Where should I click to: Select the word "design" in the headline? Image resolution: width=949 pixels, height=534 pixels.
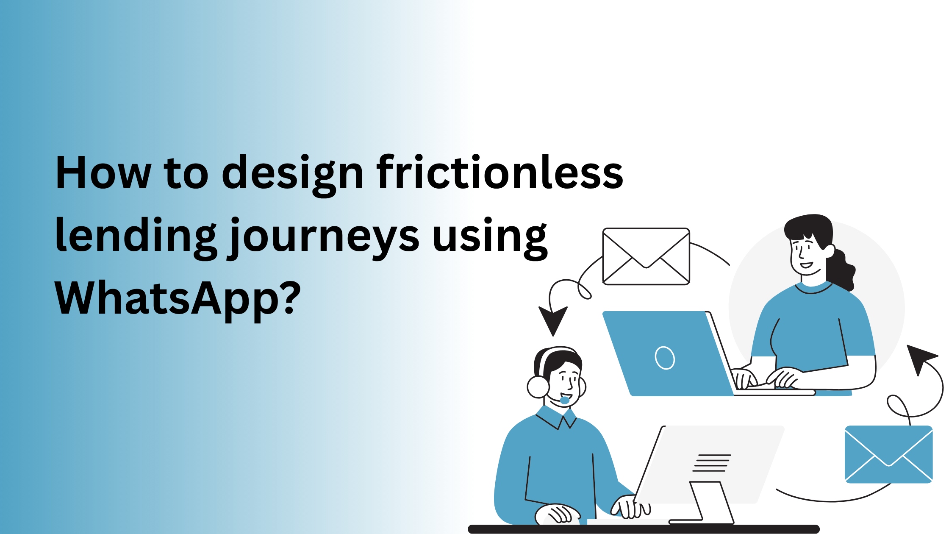292,174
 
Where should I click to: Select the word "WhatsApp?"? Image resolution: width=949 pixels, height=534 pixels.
178,299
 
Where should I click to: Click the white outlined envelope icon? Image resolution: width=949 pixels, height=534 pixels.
646,256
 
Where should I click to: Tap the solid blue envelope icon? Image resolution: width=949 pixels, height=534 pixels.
888,454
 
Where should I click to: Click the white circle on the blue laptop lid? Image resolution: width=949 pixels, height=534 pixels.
665,358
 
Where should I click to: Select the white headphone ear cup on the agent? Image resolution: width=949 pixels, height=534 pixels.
538,387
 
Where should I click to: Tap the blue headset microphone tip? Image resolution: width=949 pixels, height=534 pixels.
565,400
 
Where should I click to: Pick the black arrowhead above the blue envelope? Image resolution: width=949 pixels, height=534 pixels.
919,358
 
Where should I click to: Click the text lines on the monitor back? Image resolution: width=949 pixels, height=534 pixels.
712,463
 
